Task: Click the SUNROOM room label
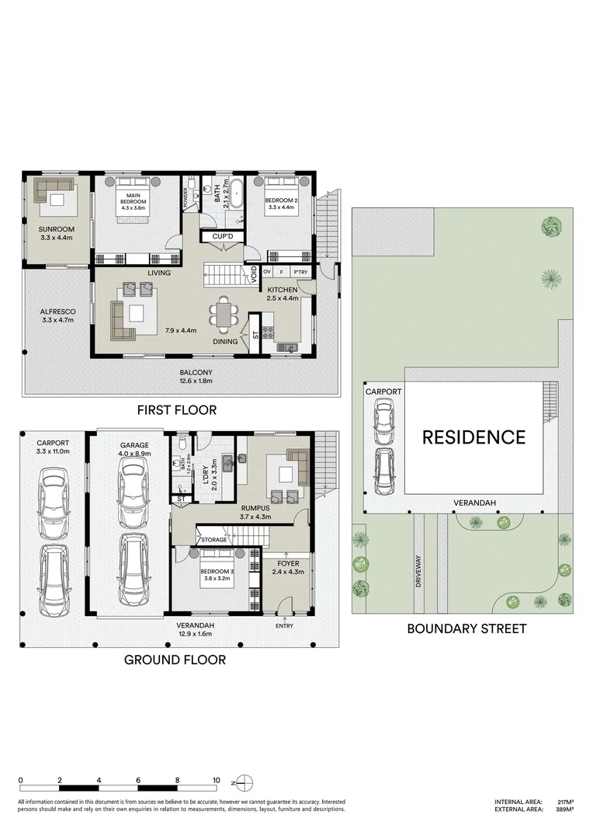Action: (x=55, y=229)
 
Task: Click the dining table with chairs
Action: (x=224, y=315)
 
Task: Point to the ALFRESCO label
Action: (x=57, y=312)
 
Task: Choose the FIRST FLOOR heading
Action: (x=176, y=409)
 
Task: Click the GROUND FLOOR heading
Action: (x=175, y=660)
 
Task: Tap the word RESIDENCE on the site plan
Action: (x=473, y=437)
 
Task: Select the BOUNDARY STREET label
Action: (x=466, y=628)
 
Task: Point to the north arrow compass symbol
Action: (x=244, y=781)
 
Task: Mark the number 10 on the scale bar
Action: (x=217, y=780)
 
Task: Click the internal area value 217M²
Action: (x=564, y=802)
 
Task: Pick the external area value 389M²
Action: (x=564, y=809)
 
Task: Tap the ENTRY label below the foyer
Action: (x=285, y=626)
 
